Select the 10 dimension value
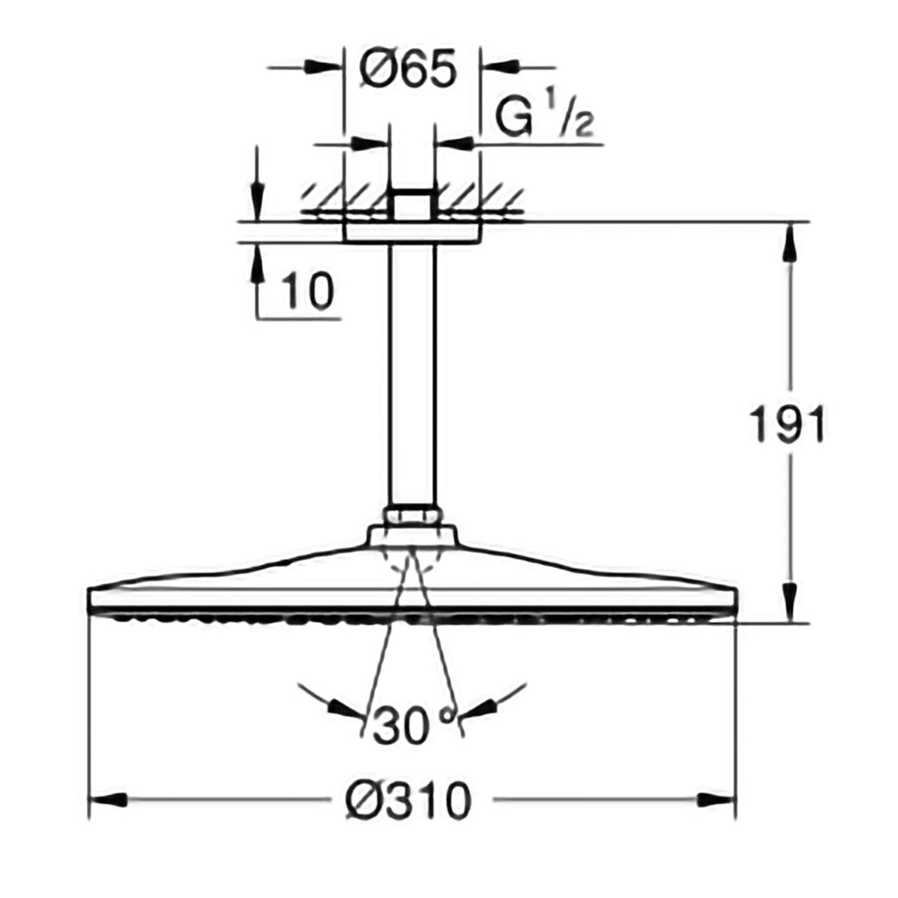tap(308, 292)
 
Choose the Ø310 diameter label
tap(409, 801)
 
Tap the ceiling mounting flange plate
tap(412, 232)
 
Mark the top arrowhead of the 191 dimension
tap(790, 242)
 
